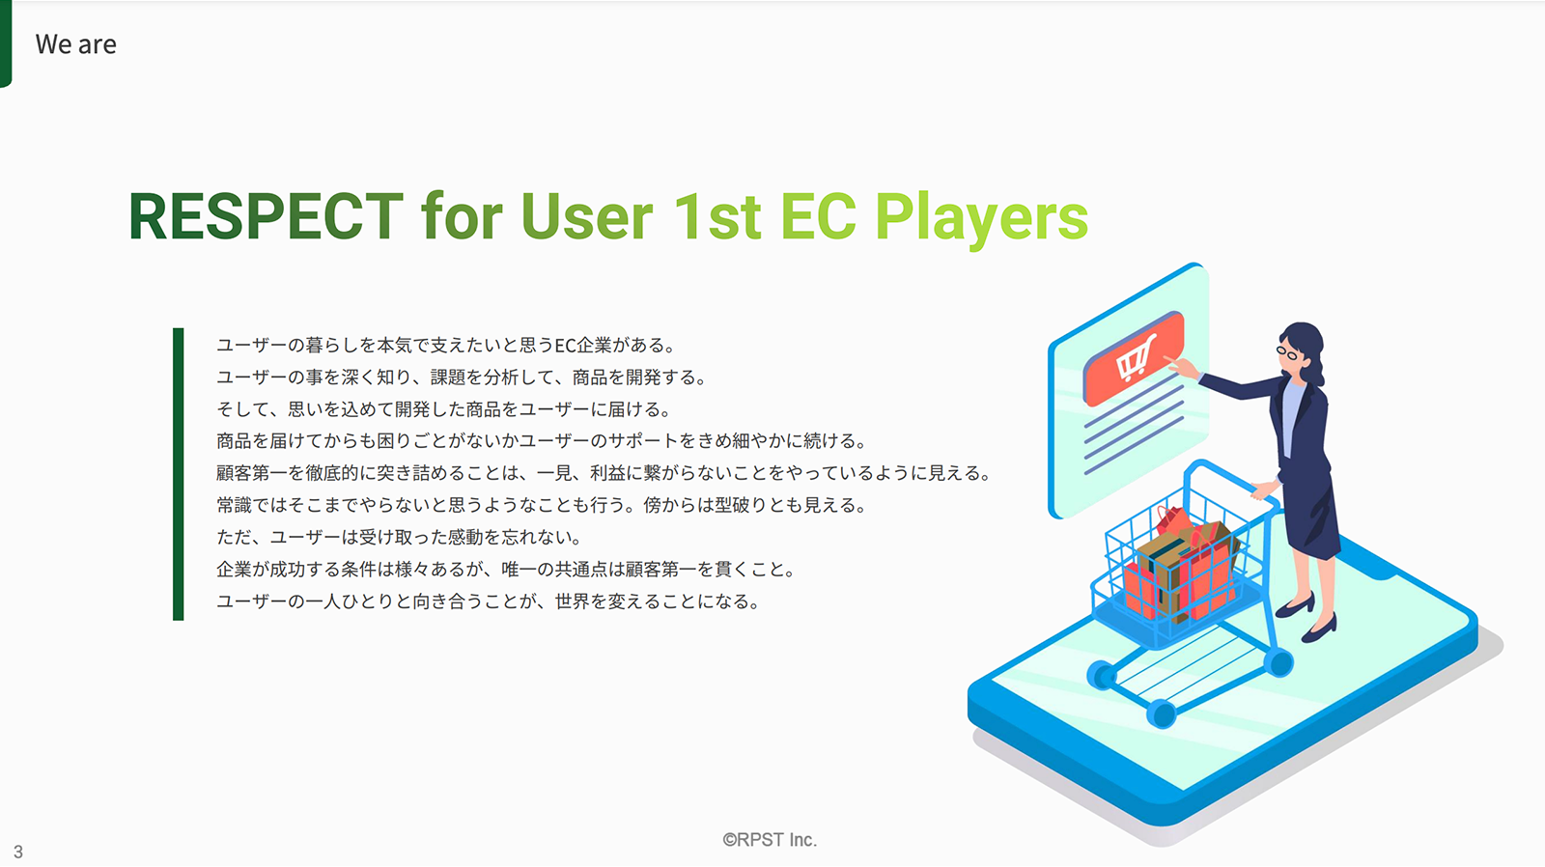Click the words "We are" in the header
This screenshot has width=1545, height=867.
pyautogui.click(x=76, y=44)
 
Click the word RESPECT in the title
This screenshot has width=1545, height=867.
pyautogui.click(x=266, y=216)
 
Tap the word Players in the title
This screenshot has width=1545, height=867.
pyautogui.click(x=981, y=219)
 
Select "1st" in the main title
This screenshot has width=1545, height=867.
pyautogui.click(x=717, y=216)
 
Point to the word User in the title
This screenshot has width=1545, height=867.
pyautogui.click(x=586, y=216)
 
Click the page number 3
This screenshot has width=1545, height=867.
pyautogui.click(x=18, y=852)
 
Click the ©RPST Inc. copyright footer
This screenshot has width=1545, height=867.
pyautogui.click(x=770, y=839)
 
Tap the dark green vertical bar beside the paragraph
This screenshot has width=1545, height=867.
pyautogui.click(x=178, y=474)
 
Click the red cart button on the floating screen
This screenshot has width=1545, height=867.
pyautogui.click(x=1134, y=357)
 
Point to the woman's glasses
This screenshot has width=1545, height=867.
pyautogui.click(x=1287, y=353)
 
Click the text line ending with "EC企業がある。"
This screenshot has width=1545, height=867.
pyautogui.click(x=446, y=345)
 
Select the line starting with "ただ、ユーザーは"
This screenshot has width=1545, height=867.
pyautogui.click(x=400, y=537)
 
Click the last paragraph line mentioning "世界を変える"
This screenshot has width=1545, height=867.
pyautogui.click(x=489, y=601)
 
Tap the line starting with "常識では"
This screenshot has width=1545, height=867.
pyautogui.click(x=542, y=505)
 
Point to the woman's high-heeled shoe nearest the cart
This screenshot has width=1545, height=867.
pyautogui.click(x=1295, y=605)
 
